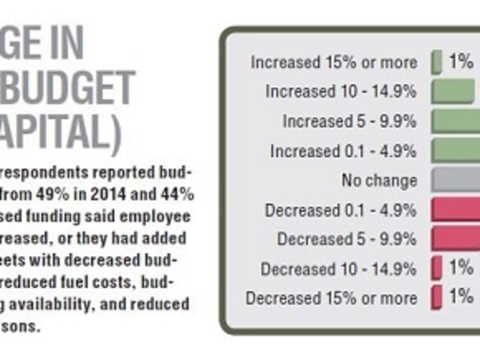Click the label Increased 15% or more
click(334, 62)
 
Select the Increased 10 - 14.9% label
click(342, 91)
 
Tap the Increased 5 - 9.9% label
click(350, 121)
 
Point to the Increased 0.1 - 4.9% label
click(343, 150)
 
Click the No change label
click(379, 180)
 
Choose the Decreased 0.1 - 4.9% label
click(340, 210)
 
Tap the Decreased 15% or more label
click(331, 298)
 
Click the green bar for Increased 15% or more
click(437, 62)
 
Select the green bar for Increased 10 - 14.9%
click(453, 91)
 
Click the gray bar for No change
click(455, 180)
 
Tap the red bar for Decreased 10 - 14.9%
click(437, 269)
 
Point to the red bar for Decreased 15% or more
click(437, 298)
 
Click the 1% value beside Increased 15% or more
click(461, 62)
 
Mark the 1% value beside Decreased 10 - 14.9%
click(461, 269)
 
